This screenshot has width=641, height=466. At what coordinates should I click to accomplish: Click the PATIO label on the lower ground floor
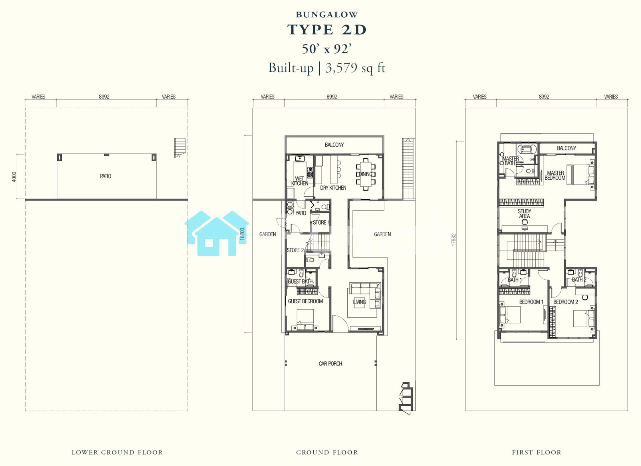coord(105,176)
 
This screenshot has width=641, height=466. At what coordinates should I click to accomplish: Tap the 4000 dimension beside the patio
coord(14,177)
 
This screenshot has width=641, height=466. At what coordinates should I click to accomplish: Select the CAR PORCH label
coord(330,363)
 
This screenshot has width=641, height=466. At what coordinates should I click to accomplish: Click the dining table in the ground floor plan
coord(366,174)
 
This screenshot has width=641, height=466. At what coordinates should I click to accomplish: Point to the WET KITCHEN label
coord(300,181)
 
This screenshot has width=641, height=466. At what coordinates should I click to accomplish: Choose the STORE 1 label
coord(321,223)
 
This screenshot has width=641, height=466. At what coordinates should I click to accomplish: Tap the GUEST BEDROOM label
coord(305,301)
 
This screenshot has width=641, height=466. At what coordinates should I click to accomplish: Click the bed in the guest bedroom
coord(305,320)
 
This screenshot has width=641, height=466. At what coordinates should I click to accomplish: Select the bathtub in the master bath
coord(527,149)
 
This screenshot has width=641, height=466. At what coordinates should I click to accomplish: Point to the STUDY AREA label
coord(524,214)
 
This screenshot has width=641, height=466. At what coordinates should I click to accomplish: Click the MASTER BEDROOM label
coord(555,175)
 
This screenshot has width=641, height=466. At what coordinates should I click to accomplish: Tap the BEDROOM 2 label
coord(565,302)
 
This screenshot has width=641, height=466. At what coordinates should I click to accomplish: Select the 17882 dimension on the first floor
coord(453,240)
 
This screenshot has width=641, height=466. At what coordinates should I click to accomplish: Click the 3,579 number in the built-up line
coord(341,68)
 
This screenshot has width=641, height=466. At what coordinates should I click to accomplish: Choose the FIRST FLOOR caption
coord(536,452)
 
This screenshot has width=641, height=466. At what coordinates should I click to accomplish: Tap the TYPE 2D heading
coord(327,30)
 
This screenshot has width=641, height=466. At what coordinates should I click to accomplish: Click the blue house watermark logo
coord(217,233)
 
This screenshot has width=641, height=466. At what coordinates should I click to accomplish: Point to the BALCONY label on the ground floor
coord(334,145)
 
